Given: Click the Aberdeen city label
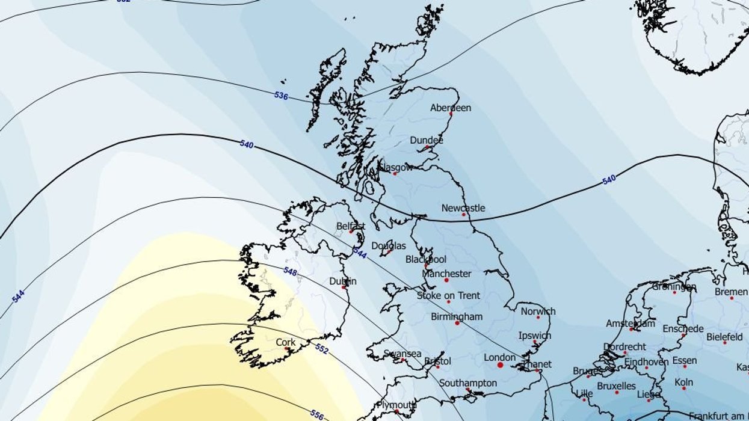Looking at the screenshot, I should click(x=451, y=108).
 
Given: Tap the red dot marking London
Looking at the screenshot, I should click(x=500, y=365).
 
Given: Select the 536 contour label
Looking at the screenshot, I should click(x=281, y=95).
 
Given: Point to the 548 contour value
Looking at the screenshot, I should click(x=290, y=271).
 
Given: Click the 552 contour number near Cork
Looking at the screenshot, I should click(x=322, y=348).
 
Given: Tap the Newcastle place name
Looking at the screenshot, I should click(x=463, y=208).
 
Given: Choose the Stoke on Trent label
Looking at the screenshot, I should click(x=448, y=295).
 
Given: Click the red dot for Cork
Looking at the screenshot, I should click(x=287, y=349).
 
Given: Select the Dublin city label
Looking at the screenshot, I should click(x=343, y=281).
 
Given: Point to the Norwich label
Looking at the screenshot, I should click(x=538, y=312).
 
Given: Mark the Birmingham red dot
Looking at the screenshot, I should click(x=457, y=324).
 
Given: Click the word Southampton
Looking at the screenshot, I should click(x=468, y=383).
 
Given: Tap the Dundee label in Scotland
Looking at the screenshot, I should click(x=427, y=140).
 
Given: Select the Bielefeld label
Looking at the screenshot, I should click(x=724, y=337).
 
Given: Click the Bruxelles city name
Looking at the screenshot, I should click(x=617, y=386).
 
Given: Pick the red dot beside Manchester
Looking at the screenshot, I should click(x=446, y=280).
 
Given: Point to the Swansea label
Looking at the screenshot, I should click(x=402, y=354).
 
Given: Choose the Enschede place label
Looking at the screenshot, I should click(x=683, y=328).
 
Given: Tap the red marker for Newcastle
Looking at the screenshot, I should click(x=464, y=215).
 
